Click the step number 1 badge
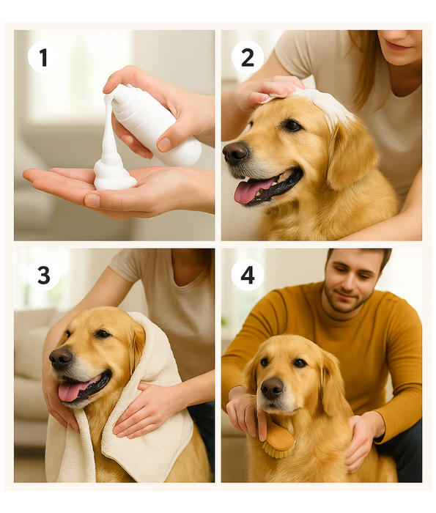point(43,57)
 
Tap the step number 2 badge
point(247,57)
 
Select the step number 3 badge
point(43,275)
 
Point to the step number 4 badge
point(247,275)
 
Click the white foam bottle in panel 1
point(155,125)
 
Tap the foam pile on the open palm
point(114,174)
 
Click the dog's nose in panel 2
point(234,152)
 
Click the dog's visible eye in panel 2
point(292,125)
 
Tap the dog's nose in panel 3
point(61,358)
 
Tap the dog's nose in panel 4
point(272,388)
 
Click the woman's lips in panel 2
point(396,45)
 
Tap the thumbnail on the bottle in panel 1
point(164,144)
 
